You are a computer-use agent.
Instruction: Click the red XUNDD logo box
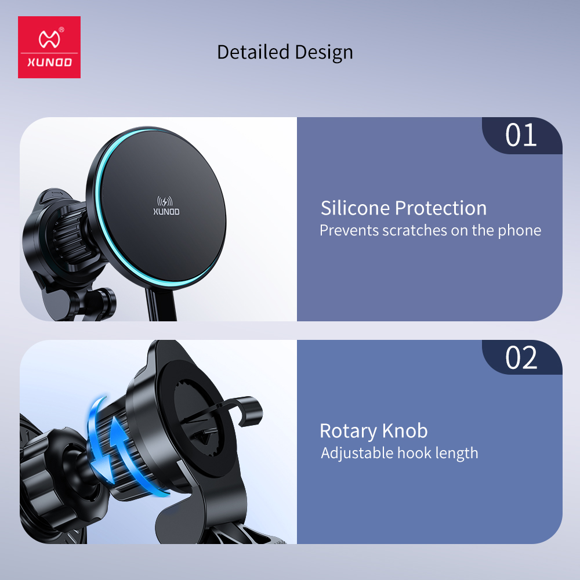(x=49, y=47)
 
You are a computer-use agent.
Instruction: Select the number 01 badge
(x=522, y=135)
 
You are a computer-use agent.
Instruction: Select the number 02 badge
(x=522, y=357)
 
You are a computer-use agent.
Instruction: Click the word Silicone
(x=355, y=208)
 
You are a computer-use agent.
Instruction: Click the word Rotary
(x=348, y=432)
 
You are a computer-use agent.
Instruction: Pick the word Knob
(x=405, y=430)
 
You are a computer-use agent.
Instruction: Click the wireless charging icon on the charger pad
(x=165, y=202)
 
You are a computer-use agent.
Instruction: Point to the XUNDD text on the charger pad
(x=166, y=212)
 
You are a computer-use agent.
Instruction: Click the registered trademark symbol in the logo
(x=61, y=30)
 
